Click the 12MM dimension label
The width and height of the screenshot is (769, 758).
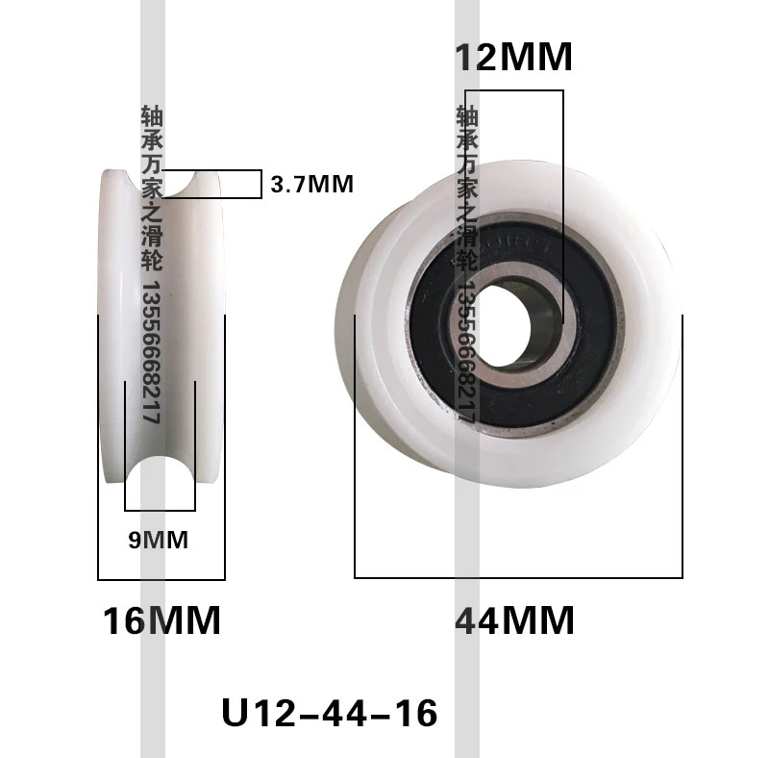514,58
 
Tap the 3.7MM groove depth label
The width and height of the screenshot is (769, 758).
311,185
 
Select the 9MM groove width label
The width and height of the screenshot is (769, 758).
159,540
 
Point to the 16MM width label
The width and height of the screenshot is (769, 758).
161,620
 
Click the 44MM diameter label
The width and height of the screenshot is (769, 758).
514,620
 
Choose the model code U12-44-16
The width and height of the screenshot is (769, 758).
330,713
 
